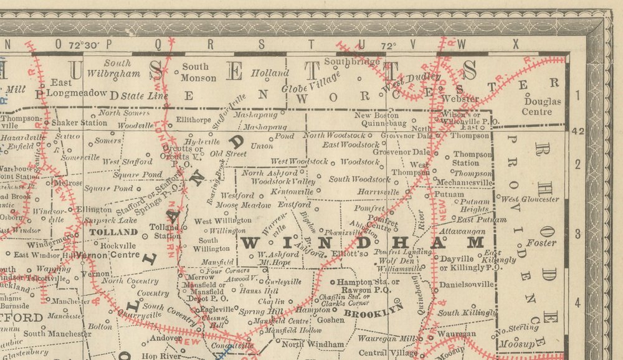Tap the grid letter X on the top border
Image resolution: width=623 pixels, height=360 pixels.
tap(515, 44)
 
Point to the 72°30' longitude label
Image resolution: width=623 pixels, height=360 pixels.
tap(83, 45)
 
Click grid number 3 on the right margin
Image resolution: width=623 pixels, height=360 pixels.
tap(578, 234)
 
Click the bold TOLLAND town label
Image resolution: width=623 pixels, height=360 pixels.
tap(113, 232)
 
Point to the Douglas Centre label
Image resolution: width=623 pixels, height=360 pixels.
tap(542, 107)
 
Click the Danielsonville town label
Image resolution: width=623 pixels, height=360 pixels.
tap(466, 284)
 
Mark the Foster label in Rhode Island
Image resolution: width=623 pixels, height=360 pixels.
tap(540, 243)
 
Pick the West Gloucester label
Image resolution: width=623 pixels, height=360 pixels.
tap(530, 199)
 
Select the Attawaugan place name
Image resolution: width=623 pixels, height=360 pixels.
tap(462, 230)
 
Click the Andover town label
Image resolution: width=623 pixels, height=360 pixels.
tap(164, 338)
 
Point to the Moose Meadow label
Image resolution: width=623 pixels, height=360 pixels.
tap(234, 205)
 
